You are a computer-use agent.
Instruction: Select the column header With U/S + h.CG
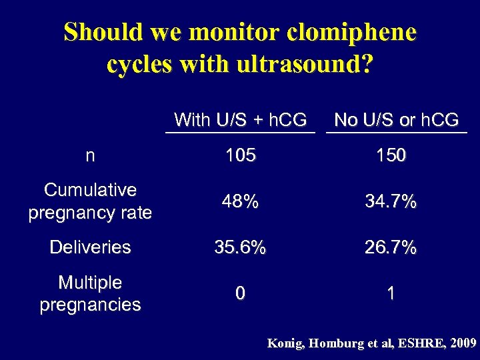pos(240,120)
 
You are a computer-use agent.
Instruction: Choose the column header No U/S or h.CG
pos(397,120)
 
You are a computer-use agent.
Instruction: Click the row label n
pos(90,156)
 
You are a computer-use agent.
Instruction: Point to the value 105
pos(240,156)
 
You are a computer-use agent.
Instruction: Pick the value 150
pos(390,156)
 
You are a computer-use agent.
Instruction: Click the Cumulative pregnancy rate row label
pos(90,201)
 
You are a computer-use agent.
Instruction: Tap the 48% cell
pos(240,202)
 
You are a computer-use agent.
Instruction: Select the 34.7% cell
pos(390,202)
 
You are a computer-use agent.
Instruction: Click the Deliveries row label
pos(90,247)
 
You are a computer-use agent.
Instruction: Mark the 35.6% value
pos(240,248)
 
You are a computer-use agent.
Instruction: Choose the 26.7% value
pos(390,248)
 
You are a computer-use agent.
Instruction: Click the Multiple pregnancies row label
pos(90,293)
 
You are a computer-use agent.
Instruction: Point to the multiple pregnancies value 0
pos(240,294)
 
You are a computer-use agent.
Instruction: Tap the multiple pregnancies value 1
pos(391,294)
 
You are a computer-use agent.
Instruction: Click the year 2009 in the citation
pos(463,344)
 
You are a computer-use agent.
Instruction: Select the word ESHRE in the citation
pos(418,344)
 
